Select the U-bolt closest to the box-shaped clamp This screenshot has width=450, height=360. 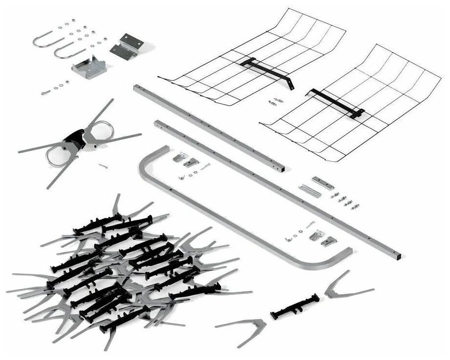[63, 50]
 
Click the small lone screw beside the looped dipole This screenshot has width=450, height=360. [104, 166]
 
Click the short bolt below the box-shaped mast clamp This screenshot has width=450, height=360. [46, 90]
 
